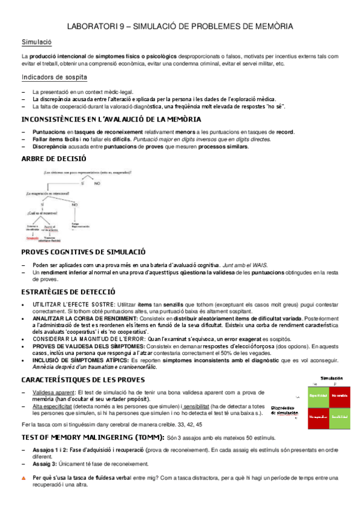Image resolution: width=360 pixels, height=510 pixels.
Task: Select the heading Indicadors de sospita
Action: (53, 77)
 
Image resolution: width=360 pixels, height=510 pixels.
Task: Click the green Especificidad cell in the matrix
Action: (319, 395)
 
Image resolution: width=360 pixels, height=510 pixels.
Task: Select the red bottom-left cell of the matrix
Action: (319, 416)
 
